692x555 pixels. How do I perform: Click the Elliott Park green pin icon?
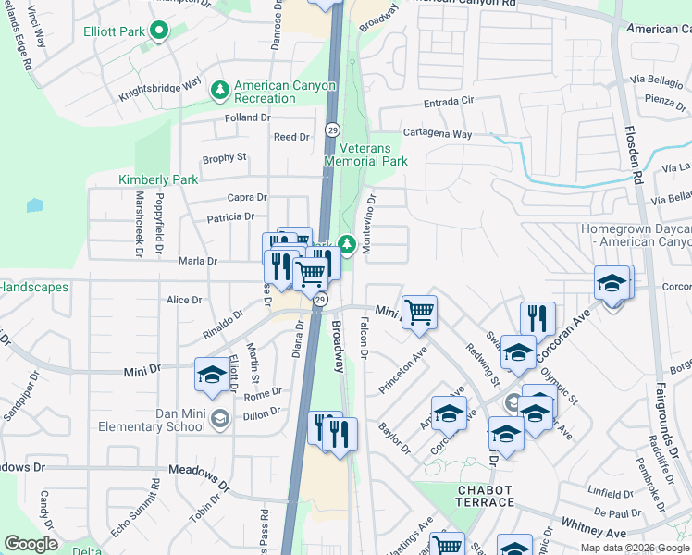pyautogui.click(x=158, y=32)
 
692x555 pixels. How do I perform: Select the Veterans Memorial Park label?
pyautogui.click(x=366, y=154)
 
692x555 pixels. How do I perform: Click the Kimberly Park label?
pyautogui.click(x=146, y=179)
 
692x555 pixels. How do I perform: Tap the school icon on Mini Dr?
pyautogui.click(x=212, y=375)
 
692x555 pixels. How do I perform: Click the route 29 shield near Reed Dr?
pyautogui.click(x=332, y=129)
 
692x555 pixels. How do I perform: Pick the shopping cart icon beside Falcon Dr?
pyautogui.click(x=419, y=312)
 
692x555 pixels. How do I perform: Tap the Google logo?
pyautogui.click(x=31, y=544)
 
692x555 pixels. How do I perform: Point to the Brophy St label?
pyautogui.click(x=224, y=158)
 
